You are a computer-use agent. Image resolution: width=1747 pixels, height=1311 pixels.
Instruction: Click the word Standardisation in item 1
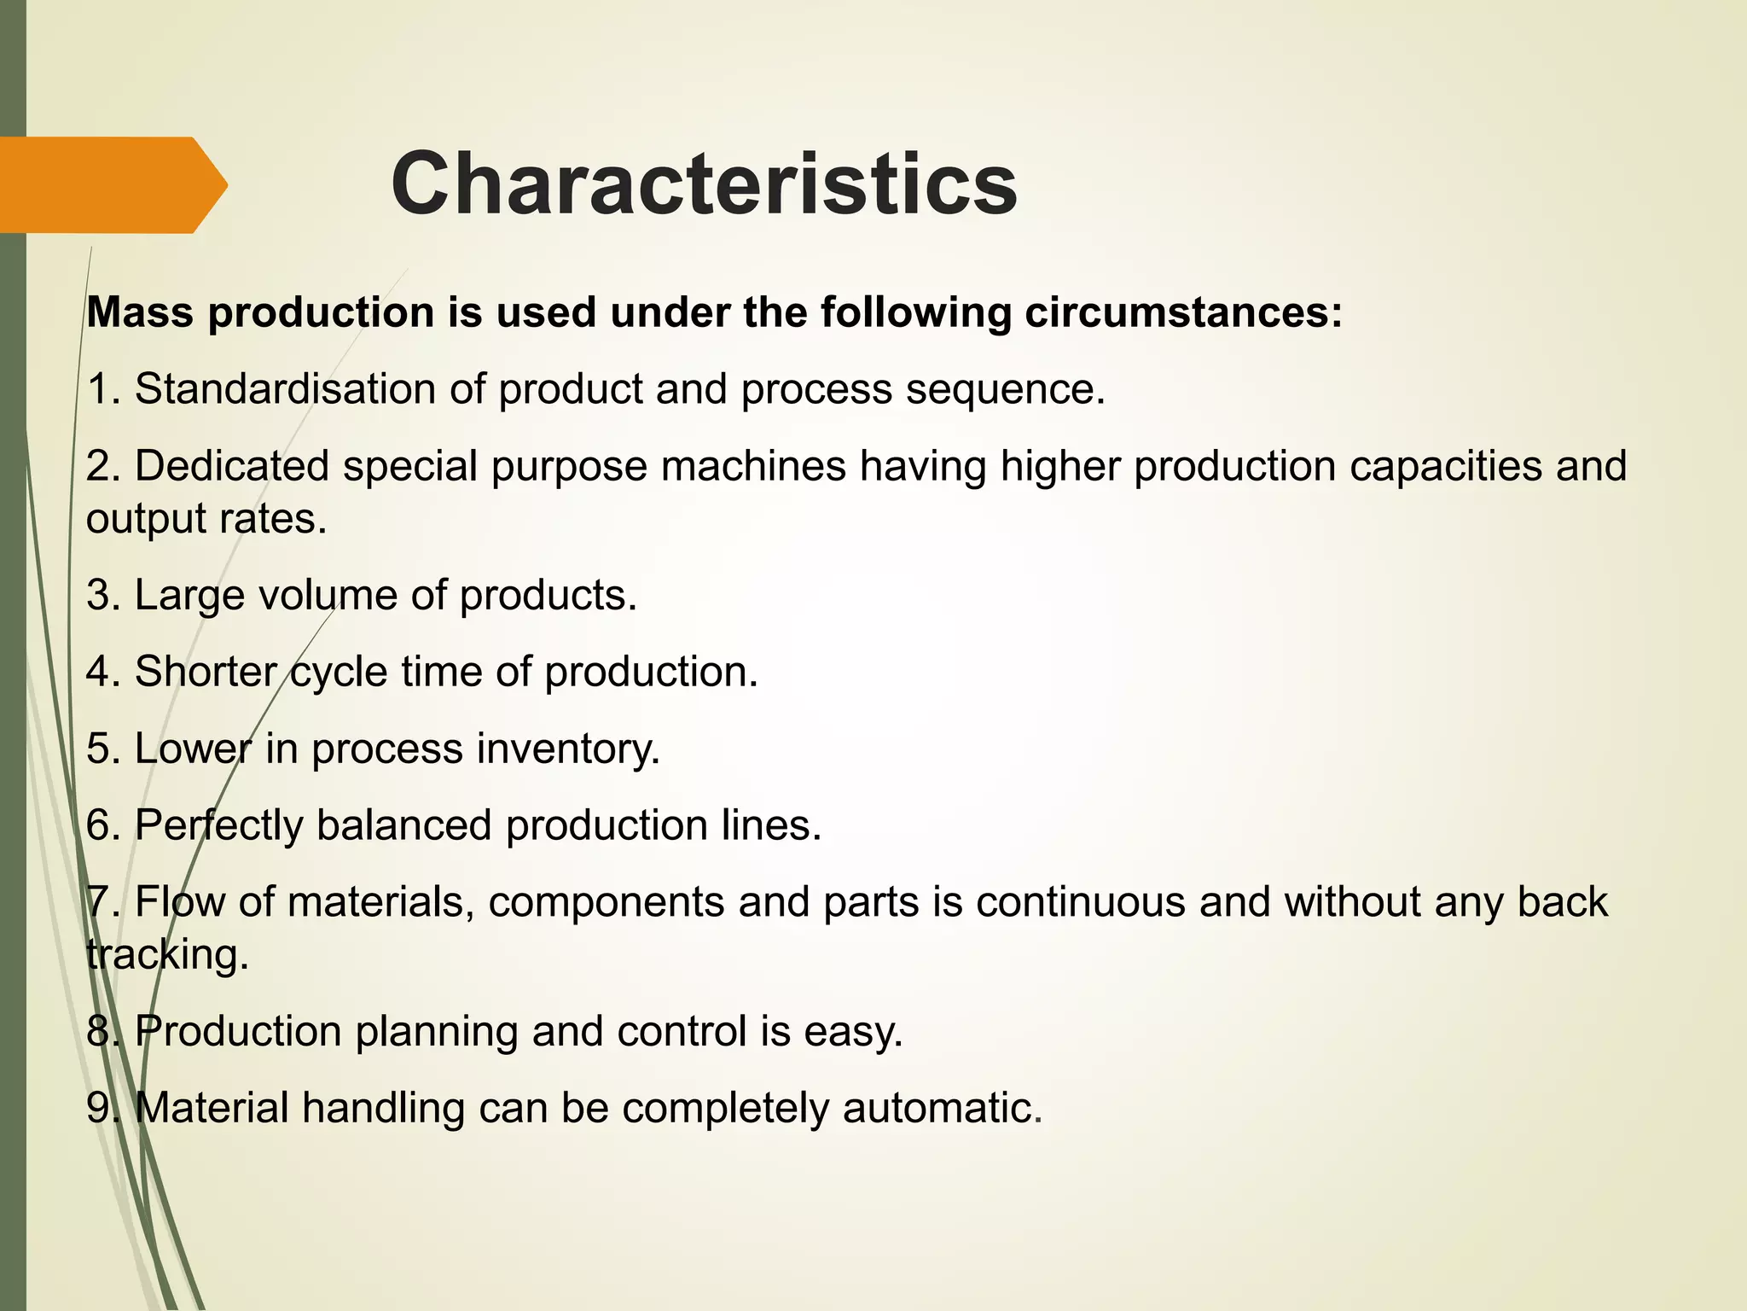285,389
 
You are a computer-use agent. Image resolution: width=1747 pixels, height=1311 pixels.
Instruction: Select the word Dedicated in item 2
232,466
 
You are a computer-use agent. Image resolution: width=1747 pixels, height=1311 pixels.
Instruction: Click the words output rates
206,518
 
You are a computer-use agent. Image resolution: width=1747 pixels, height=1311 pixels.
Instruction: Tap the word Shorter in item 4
206,672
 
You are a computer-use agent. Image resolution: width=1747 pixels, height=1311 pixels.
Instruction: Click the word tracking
167,954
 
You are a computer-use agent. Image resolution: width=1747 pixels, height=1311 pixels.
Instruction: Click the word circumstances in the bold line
1183,312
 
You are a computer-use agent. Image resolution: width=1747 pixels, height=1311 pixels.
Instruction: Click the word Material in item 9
212,1108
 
